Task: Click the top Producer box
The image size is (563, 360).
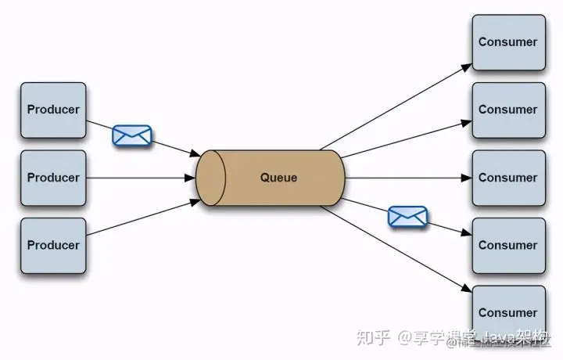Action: point(53,110)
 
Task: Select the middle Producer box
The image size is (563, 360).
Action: point(53,178)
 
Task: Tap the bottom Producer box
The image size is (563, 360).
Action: point(53,246)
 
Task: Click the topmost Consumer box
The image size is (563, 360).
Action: point(507,41)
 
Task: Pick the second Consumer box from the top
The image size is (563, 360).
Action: point(507,110)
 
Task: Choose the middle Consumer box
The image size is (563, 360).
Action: point(507,178)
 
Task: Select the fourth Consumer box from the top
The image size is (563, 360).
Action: point(507,245)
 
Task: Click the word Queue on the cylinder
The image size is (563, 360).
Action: point(278,178)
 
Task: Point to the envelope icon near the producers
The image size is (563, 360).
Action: point(131,135)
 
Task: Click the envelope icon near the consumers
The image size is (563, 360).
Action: point(407,216)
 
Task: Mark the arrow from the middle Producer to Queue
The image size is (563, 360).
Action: point(141,178)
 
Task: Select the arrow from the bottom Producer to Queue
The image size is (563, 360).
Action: point(141,222)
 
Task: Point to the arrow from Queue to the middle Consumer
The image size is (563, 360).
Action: point(407,178)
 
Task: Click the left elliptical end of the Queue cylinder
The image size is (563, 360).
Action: point(210,178)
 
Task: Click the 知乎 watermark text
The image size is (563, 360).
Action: point(373,338)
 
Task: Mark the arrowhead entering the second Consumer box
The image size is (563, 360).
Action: point(468,120)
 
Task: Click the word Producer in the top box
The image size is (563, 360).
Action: point(53,110)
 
